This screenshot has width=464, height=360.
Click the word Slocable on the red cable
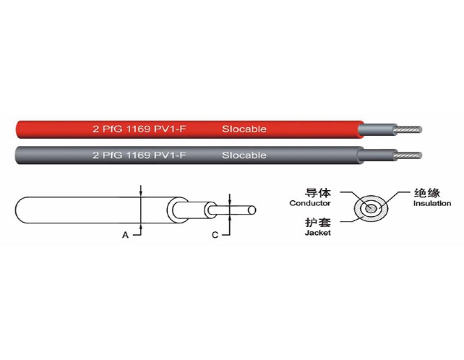[244, 129]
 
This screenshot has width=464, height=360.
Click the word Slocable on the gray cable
[244, 155]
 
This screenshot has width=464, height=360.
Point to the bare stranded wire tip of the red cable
[408, 129]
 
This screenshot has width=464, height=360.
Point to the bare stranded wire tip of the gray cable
[408, 155]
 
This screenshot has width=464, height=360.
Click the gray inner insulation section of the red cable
[377, 129]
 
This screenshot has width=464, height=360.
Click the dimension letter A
[126, 235]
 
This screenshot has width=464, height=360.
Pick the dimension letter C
[215, 235]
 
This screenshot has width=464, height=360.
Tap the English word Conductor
[310, 203]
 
